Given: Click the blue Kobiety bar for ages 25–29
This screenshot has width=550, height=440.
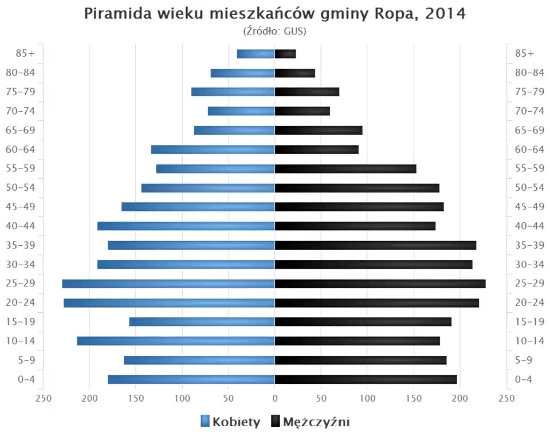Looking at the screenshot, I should [168, 284].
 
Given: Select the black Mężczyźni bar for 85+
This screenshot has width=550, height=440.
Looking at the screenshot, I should [285, 54].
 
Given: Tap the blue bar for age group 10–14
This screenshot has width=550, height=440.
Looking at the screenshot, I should [176, 341].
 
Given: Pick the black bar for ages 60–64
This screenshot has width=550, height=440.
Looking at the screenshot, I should [317, 150].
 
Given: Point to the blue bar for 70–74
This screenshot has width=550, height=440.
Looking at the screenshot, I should [241, 111].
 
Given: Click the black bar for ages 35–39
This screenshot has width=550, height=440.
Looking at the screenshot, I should [375, 245].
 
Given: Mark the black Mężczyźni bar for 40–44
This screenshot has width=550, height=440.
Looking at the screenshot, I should [355, 226].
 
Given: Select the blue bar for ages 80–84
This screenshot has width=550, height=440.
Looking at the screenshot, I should [243, 73].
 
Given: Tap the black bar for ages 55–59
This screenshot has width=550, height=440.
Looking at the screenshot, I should [345, 168].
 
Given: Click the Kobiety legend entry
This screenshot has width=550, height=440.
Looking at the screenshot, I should [230, 422].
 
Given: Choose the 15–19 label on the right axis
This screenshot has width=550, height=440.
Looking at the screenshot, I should [529, 321].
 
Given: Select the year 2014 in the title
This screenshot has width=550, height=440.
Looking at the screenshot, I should [446, 14].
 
